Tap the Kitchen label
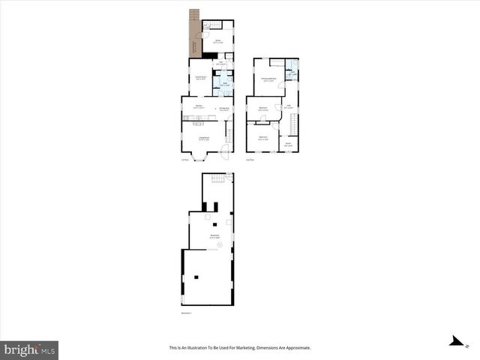(199, 107)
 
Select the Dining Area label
(223, 110)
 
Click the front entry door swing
(223, 148)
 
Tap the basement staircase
(217, 178)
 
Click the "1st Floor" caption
(184, 159)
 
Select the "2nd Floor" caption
(250, 159)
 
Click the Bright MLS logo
(29, 349)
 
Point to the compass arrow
(455, 341)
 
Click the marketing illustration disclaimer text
(240, 348)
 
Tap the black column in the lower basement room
(196, 277)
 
